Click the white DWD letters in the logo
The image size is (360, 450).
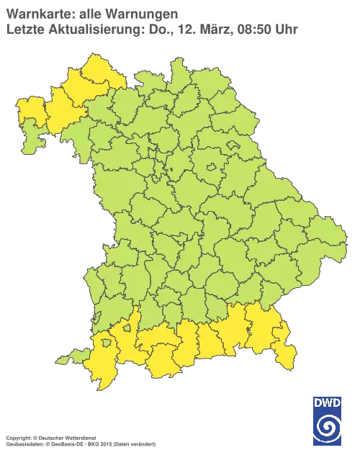(x=328, y=403)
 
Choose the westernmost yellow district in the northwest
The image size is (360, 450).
(x=30, y=112)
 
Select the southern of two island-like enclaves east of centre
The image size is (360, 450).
(x=212, y=168)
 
